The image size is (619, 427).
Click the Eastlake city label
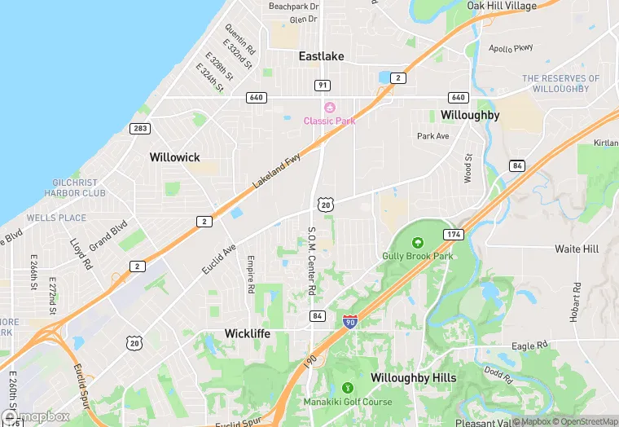(x=321, y=56)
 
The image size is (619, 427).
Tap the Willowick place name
(x=174, y=156)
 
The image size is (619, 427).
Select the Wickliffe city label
(x=248, y=333)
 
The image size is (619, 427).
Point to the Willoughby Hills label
(x=413, y=378)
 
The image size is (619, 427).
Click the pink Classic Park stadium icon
(x=330, y=108)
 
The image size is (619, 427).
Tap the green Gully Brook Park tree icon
(x=417, y=243)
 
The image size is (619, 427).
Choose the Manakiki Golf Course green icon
(x=348, y=389)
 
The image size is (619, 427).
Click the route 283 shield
(x=139, y=128)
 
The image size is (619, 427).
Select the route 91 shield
(x=323, y=85)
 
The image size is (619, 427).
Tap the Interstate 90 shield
(x=350, y=323)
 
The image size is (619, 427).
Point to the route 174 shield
(x=454, y=234)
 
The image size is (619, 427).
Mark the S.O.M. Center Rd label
(x=311, y=261)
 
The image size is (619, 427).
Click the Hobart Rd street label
(x=576, y=302)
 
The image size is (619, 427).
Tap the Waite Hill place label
(x=577, y=249)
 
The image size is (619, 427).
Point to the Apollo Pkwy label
(x=511, y=49)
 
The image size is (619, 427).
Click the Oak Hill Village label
(x=502, y=6)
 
